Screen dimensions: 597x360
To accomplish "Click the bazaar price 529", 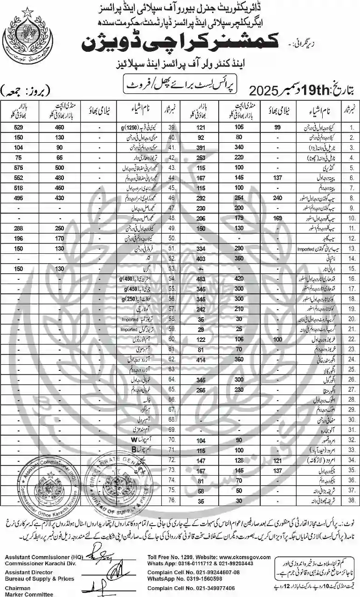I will tap(18, 126).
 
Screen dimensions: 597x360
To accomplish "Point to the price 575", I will tap(18, 167).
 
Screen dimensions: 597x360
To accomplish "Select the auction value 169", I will tap(277, 217).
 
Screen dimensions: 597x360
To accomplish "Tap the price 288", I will tap(18, 228).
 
